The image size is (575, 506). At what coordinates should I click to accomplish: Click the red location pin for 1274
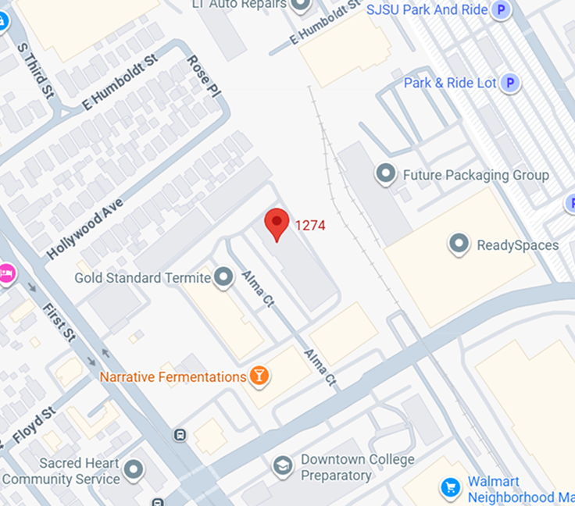click(277, 223)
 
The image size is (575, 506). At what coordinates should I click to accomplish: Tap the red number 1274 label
click(310, 226)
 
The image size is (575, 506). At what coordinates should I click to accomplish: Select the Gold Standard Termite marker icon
click(224, 277)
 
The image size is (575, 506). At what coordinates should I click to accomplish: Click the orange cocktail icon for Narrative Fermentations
click(259, 377)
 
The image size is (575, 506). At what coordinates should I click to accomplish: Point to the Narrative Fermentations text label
click(173, 377)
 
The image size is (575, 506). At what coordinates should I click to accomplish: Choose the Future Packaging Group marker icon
click(385, 174)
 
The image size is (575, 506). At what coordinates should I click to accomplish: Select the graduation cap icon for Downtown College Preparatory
click(283, 467)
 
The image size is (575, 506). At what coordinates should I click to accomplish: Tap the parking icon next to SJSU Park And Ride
click(501, 10)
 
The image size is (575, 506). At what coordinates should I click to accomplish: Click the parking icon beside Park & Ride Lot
click(510, 83)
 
